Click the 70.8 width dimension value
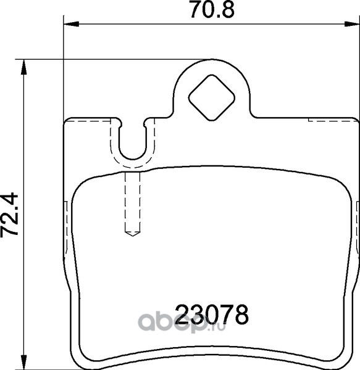(x=212, y=10)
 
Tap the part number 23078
(x=212, y=314)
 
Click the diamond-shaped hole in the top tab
(x=211, y=97)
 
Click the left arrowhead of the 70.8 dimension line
(x=72, y=24)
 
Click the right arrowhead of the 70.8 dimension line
(x=352, y=24)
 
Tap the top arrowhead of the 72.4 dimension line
(x=23, y=67)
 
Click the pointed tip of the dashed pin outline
(x=133, y=236)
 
